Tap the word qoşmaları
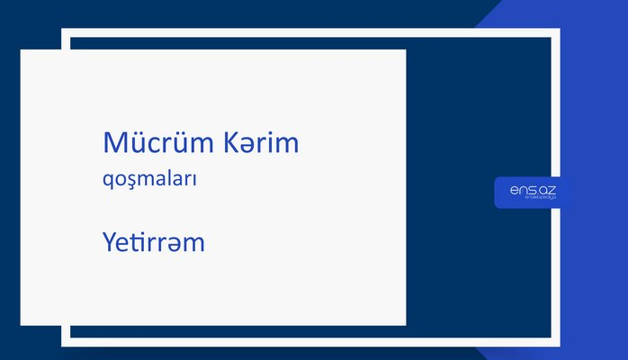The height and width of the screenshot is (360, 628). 150,180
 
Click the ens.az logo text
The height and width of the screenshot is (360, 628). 533,188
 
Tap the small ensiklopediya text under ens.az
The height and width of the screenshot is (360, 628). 533,199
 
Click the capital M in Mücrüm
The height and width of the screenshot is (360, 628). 115,144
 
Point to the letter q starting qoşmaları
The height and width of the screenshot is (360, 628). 109,182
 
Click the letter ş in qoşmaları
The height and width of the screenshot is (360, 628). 132,182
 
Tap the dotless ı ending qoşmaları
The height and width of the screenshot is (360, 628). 195,180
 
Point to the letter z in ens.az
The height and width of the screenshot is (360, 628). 552,188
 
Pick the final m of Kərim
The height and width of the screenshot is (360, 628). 286,146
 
